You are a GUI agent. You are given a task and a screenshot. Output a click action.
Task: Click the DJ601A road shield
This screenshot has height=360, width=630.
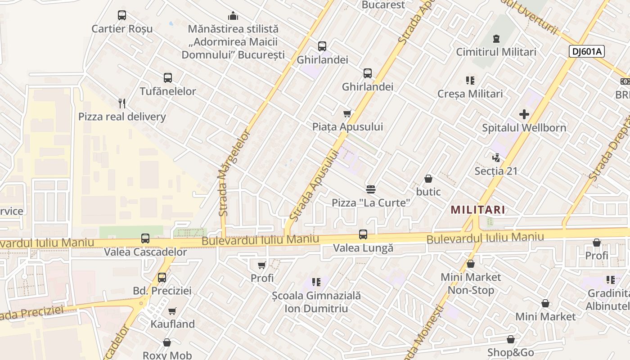pos(586,51)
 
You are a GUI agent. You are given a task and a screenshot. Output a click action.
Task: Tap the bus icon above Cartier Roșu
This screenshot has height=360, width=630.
pos(122,15)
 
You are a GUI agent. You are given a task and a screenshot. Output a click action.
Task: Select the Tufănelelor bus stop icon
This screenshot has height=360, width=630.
pos(168,77)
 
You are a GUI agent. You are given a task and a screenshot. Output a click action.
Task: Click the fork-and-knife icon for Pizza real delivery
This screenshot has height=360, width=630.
pos(122,103)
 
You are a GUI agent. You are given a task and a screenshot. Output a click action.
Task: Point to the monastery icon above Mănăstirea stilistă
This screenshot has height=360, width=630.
pos(233,16)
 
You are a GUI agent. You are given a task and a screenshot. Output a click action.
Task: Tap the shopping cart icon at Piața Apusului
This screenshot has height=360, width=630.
pos(347,113)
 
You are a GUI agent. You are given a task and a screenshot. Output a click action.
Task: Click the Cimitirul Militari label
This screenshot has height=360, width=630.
pos(496,52)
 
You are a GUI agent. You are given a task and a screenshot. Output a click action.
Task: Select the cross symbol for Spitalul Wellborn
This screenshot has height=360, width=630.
pos(524,114)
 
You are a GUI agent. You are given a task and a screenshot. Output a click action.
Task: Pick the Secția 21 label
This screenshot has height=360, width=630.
pos(496,171)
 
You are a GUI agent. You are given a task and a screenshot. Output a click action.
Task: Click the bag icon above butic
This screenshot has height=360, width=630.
pos(428,179)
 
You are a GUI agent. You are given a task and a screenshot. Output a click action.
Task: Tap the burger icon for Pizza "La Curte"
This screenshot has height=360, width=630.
pos(371,189)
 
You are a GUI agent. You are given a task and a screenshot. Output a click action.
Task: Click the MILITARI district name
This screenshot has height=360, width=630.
pos(477,210)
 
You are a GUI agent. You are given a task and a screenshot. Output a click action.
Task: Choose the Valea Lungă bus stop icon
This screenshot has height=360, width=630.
pos(363,234)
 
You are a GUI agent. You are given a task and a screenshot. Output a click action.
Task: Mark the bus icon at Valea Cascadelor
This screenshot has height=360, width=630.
pos(145,238)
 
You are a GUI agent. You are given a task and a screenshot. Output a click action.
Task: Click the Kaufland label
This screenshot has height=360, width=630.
pos(173,324)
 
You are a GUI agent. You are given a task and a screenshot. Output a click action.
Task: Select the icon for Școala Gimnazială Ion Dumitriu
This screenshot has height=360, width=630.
pos(316,282)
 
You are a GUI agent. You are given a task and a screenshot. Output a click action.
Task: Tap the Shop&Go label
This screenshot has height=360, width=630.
pos(510,352)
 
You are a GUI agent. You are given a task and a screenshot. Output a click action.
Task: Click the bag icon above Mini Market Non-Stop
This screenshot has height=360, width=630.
pos(471,264)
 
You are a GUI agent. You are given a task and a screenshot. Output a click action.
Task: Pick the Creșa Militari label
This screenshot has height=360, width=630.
pos(470,94)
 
